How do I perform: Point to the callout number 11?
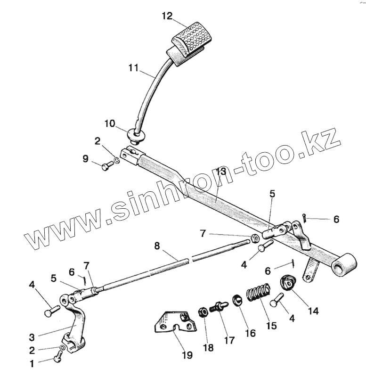[x=133, y=68]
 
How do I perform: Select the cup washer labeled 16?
[x=237, y=299]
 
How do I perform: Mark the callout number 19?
[x=187, y=355]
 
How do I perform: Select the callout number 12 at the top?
[x=167, y=16]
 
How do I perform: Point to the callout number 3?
[x=32, y=337]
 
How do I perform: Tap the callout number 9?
[x=85, y=159]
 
